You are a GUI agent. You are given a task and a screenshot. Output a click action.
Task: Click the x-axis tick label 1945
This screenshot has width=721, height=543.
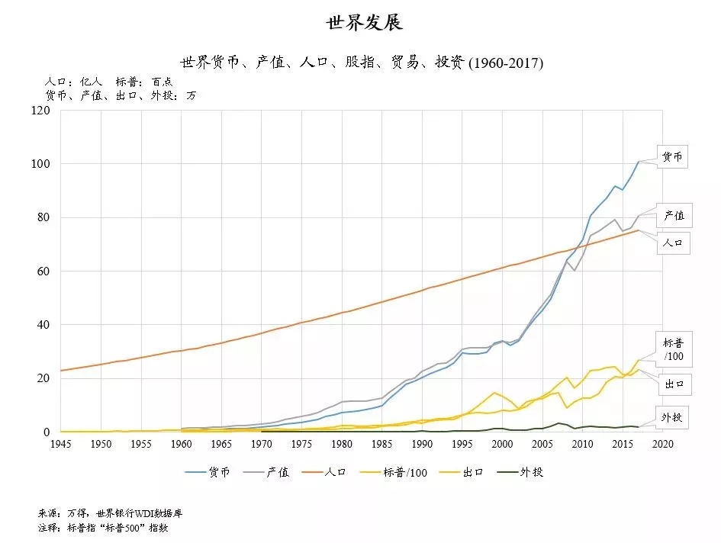pyautogui.click(x=60, y=444)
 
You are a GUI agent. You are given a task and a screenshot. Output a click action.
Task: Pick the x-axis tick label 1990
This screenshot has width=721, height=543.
pyautogui.click(x=422, y=444)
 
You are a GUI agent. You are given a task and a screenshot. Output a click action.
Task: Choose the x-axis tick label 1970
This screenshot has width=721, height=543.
pyautogui.click(x=261, y=444)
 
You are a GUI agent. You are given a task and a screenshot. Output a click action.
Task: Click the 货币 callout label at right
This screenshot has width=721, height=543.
pyautogui.click(x=672, y=157)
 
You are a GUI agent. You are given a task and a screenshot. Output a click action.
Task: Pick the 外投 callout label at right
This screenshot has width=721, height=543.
pyautogui.click(x=672, y=419)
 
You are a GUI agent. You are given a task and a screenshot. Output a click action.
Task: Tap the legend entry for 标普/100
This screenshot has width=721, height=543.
pyautogui.click(x=401, y=472)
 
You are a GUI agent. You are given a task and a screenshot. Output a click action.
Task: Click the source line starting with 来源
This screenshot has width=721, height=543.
pyautogui.click(x=110, y=513)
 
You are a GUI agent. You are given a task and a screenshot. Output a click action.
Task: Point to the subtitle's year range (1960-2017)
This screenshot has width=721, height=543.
pyautogui.click(x=505, y=63)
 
